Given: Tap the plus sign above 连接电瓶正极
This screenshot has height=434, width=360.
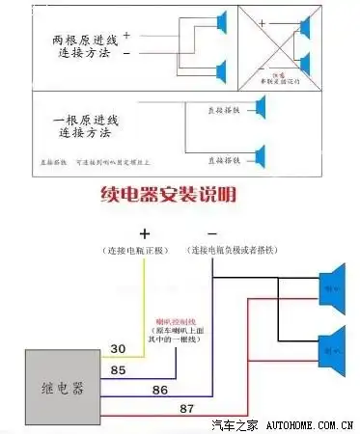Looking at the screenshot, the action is click(x=146, y=234).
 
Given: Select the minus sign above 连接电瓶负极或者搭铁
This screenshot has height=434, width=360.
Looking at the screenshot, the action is click(x=212, y=234).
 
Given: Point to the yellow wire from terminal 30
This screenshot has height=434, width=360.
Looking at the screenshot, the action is click(x=146, y=309).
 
